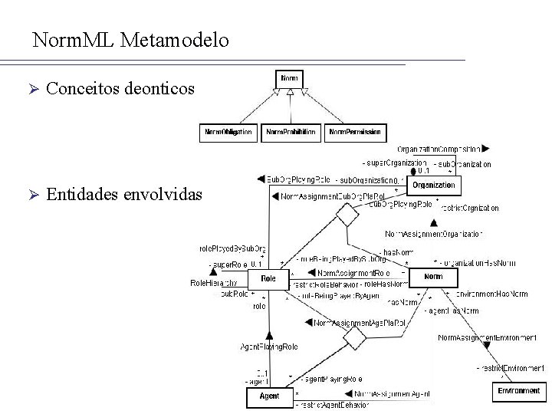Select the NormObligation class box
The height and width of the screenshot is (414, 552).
[227, 133]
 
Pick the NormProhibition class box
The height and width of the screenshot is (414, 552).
[290, 133]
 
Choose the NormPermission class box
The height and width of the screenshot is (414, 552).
[354, 133]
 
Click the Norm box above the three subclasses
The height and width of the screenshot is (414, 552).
[290, 78]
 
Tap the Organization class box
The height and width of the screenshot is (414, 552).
[434, 185]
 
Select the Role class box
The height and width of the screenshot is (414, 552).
[268, 278]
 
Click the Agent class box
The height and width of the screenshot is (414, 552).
[269, 396]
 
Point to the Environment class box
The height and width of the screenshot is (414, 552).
[519, 391]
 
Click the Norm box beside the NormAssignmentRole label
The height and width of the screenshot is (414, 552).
[433, 277]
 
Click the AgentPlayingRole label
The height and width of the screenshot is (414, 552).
[269, 347]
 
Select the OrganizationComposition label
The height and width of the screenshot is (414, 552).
[439, 149]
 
